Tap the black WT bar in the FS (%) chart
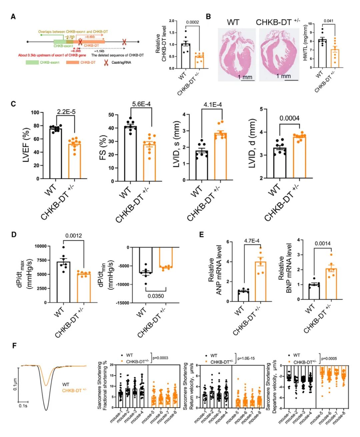[x=130, y=154]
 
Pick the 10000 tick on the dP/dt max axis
[x=41, y=246]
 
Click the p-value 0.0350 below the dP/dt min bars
[x=156, y=296]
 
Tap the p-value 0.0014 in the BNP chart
[x=322, y=243]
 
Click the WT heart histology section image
[x=237, y=54]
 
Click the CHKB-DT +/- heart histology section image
[x=278, y=54]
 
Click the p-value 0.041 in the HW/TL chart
[x=328, y=21]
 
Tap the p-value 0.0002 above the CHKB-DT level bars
[x=192, y=22]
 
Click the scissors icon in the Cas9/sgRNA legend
[x=106, y=62]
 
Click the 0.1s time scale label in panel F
[x=23, y=406]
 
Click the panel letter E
[x=201, y=235]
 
